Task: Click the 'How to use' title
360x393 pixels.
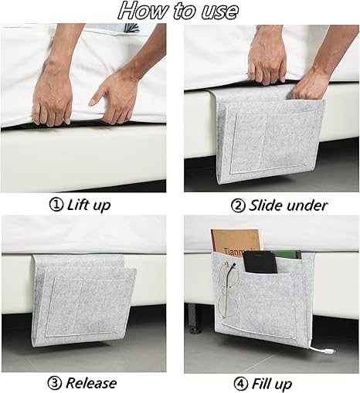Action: pyautogui.click(x=178, y=11)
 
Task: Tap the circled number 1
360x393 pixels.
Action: pyautogui.click(x=56, y=205)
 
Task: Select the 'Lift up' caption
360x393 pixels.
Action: pyautogui.click(x=89, y=205)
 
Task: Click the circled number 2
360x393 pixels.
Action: pyautogui.click(x=238, y=205)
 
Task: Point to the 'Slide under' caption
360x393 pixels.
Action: pyautogui.click(x=288, y=205)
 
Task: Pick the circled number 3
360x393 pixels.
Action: pyautogui.click(x=55, y=384)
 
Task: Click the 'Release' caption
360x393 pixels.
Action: pyautogui.click(x=91, y=383)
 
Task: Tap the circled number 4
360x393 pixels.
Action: pyautogui.click(x=240, y=384)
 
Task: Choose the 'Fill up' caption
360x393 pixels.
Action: pyautogui.click(x=272, y=385)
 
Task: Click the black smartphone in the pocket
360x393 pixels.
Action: pyautogui.click(x=260, y=262)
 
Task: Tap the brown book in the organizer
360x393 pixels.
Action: pyautogui.click(x=235, y=242)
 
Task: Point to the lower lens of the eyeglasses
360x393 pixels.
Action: pyautogui.click(x=228, y=307)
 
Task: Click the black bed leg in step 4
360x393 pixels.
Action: pyautogui.click(x=195, y=318)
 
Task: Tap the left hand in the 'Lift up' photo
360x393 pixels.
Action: pyautogui.click(x=53, y=94)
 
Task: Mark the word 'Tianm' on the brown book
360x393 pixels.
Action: pyautogui.click(x=233, y=251)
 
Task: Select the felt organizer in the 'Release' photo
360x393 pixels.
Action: pyautogui.click(x=84, y=300)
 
